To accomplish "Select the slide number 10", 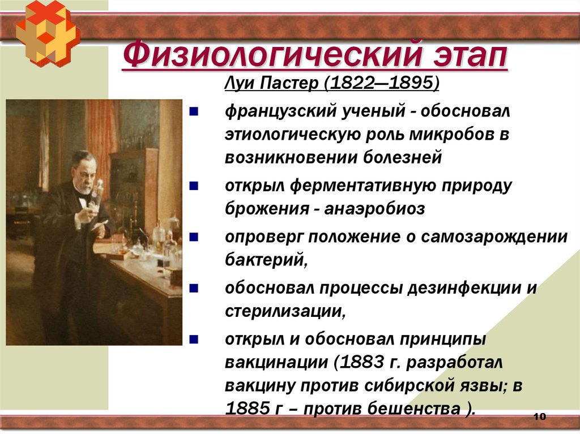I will point(539,417).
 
